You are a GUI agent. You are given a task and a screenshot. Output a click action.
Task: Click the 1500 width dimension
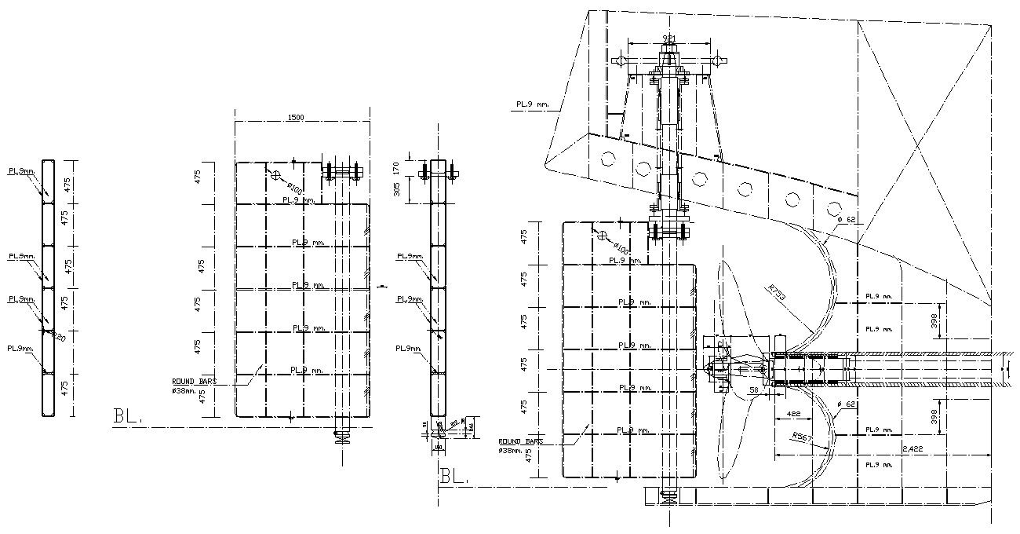(x=295, y=117)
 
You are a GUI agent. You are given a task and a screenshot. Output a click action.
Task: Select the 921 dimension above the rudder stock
(x=668, y=38)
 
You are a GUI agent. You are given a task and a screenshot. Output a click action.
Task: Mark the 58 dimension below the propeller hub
(x=752, y=390)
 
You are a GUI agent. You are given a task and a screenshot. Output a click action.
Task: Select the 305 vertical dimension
(x=397, y=188)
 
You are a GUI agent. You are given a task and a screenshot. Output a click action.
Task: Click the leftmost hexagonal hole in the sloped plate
(x=607, y=158)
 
